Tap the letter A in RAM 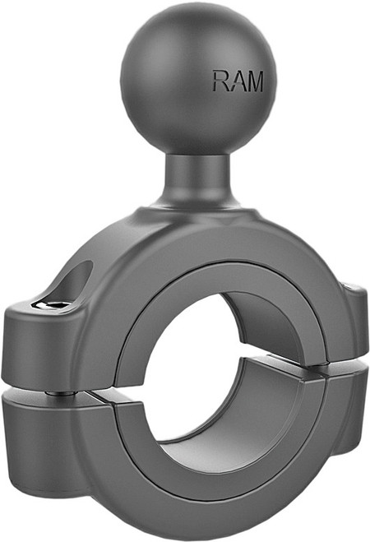[x=239, y=81]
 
